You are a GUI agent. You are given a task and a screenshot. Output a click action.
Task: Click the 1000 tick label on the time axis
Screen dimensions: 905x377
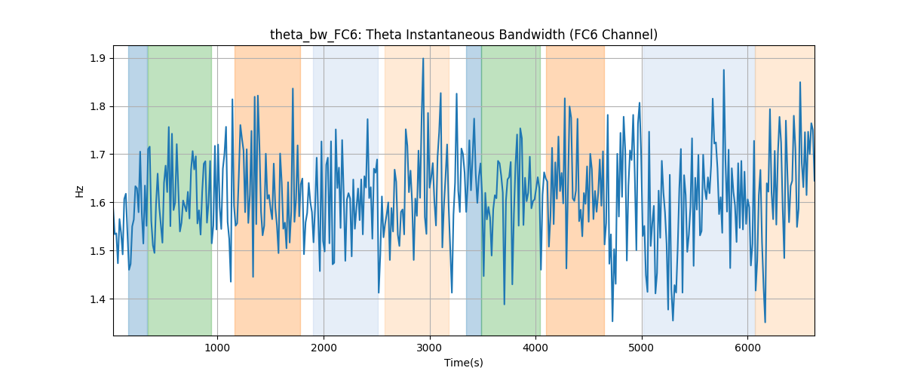tap(217, 348)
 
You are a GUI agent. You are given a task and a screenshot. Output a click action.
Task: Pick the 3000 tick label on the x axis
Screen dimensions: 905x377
tap(430, 348)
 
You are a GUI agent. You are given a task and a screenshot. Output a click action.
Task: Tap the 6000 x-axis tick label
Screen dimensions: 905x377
tap(748, 348)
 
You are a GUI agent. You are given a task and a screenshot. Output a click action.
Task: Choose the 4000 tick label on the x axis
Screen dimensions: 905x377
tap(535, 348)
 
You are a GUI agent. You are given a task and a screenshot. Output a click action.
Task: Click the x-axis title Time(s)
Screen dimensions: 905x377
tap(464, 363)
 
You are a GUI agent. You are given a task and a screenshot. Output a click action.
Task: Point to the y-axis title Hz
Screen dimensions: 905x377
tap(80, 192)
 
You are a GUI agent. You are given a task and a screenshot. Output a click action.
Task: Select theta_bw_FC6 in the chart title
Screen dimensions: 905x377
tap(314, 35)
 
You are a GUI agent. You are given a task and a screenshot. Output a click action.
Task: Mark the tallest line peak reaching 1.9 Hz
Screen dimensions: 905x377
tap(423, 59)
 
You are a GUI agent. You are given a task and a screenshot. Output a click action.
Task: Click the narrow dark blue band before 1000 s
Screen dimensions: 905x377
tap(138, 190)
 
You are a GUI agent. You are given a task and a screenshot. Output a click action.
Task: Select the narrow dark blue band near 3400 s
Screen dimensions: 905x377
tap(474, 190)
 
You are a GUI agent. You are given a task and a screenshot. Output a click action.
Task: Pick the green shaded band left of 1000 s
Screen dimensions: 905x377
tap(179, 190)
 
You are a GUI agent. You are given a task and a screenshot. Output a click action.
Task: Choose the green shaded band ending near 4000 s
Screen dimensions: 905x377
tap(511, 190)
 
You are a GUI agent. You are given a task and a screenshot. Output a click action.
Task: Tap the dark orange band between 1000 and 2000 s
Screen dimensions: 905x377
tap(268, 190)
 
